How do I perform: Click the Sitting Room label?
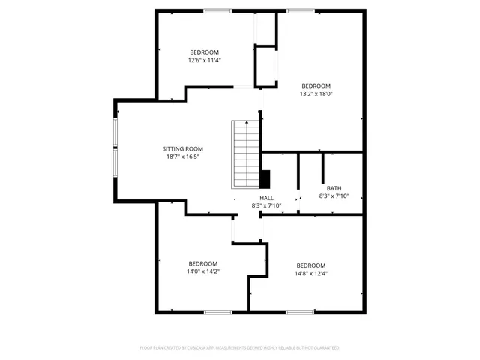click(x=183, y=148)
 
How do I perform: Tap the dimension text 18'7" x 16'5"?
click(x=183, y=157)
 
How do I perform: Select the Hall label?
click(x=266, y=197)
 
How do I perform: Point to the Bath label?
click(x=334, y=188)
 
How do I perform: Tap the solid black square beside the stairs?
click(x=264, y=179)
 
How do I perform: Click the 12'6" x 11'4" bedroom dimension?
click(x=204, y=60)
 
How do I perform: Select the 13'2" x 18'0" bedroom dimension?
click(x=316, y=94)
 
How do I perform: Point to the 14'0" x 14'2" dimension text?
click(x=203, y=271)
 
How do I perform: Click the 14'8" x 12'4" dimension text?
click(x=311, y=274)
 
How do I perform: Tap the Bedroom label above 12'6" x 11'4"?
click(x=204, y=52)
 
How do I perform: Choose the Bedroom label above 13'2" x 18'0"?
click(x=316, y=85)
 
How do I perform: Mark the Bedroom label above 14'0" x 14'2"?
click(x=203, y=263)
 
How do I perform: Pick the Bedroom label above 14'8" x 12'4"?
click(x=311, y=265)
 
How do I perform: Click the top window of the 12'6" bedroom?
click(x=217, y=10)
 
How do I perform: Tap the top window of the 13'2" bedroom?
click(x=300, y=10)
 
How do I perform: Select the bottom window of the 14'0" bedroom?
click(x=217, y=311)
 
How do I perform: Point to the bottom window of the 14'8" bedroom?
click(x=300, y=311)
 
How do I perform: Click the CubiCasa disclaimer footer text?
click(x=240, y=348)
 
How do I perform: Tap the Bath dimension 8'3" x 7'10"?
click(x=334, y=196)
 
